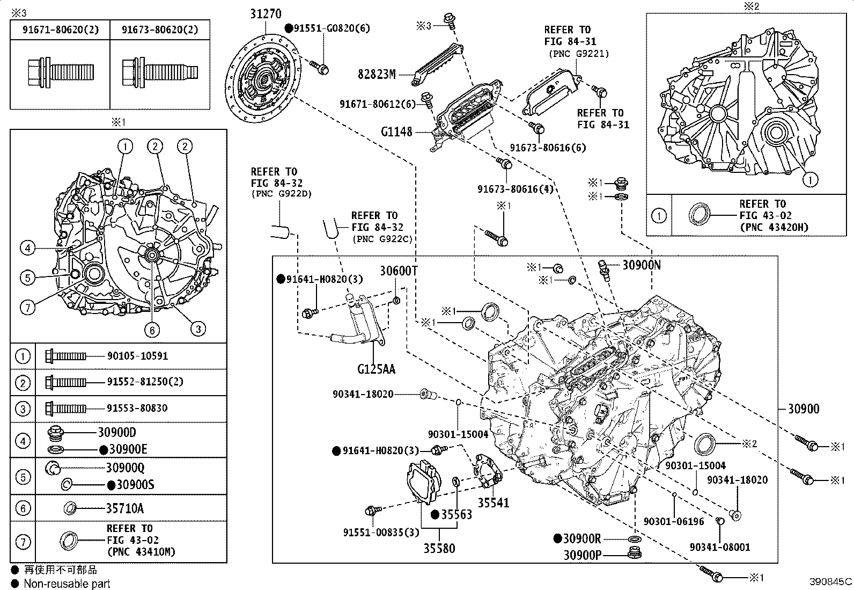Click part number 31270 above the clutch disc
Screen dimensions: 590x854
(265, 14)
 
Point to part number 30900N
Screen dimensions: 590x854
(642, 265)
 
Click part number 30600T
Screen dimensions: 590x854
(398, 271)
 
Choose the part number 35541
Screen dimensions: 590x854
(494, 503)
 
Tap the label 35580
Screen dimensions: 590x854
(439, 549)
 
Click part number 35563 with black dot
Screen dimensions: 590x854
(456, 515)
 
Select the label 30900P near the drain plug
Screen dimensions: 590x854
(582, 555)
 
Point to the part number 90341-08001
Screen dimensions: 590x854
(720, 547)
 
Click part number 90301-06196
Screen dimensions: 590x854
(674, 521)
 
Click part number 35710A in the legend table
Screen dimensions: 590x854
(124, 508)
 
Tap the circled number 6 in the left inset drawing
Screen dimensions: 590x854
(152, 330)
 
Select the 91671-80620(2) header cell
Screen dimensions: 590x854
(61, 30)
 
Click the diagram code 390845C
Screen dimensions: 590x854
(831, 581)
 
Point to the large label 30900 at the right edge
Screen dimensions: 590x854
(804, 409)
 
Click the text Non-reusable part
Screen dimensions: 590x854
(67, 584)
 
